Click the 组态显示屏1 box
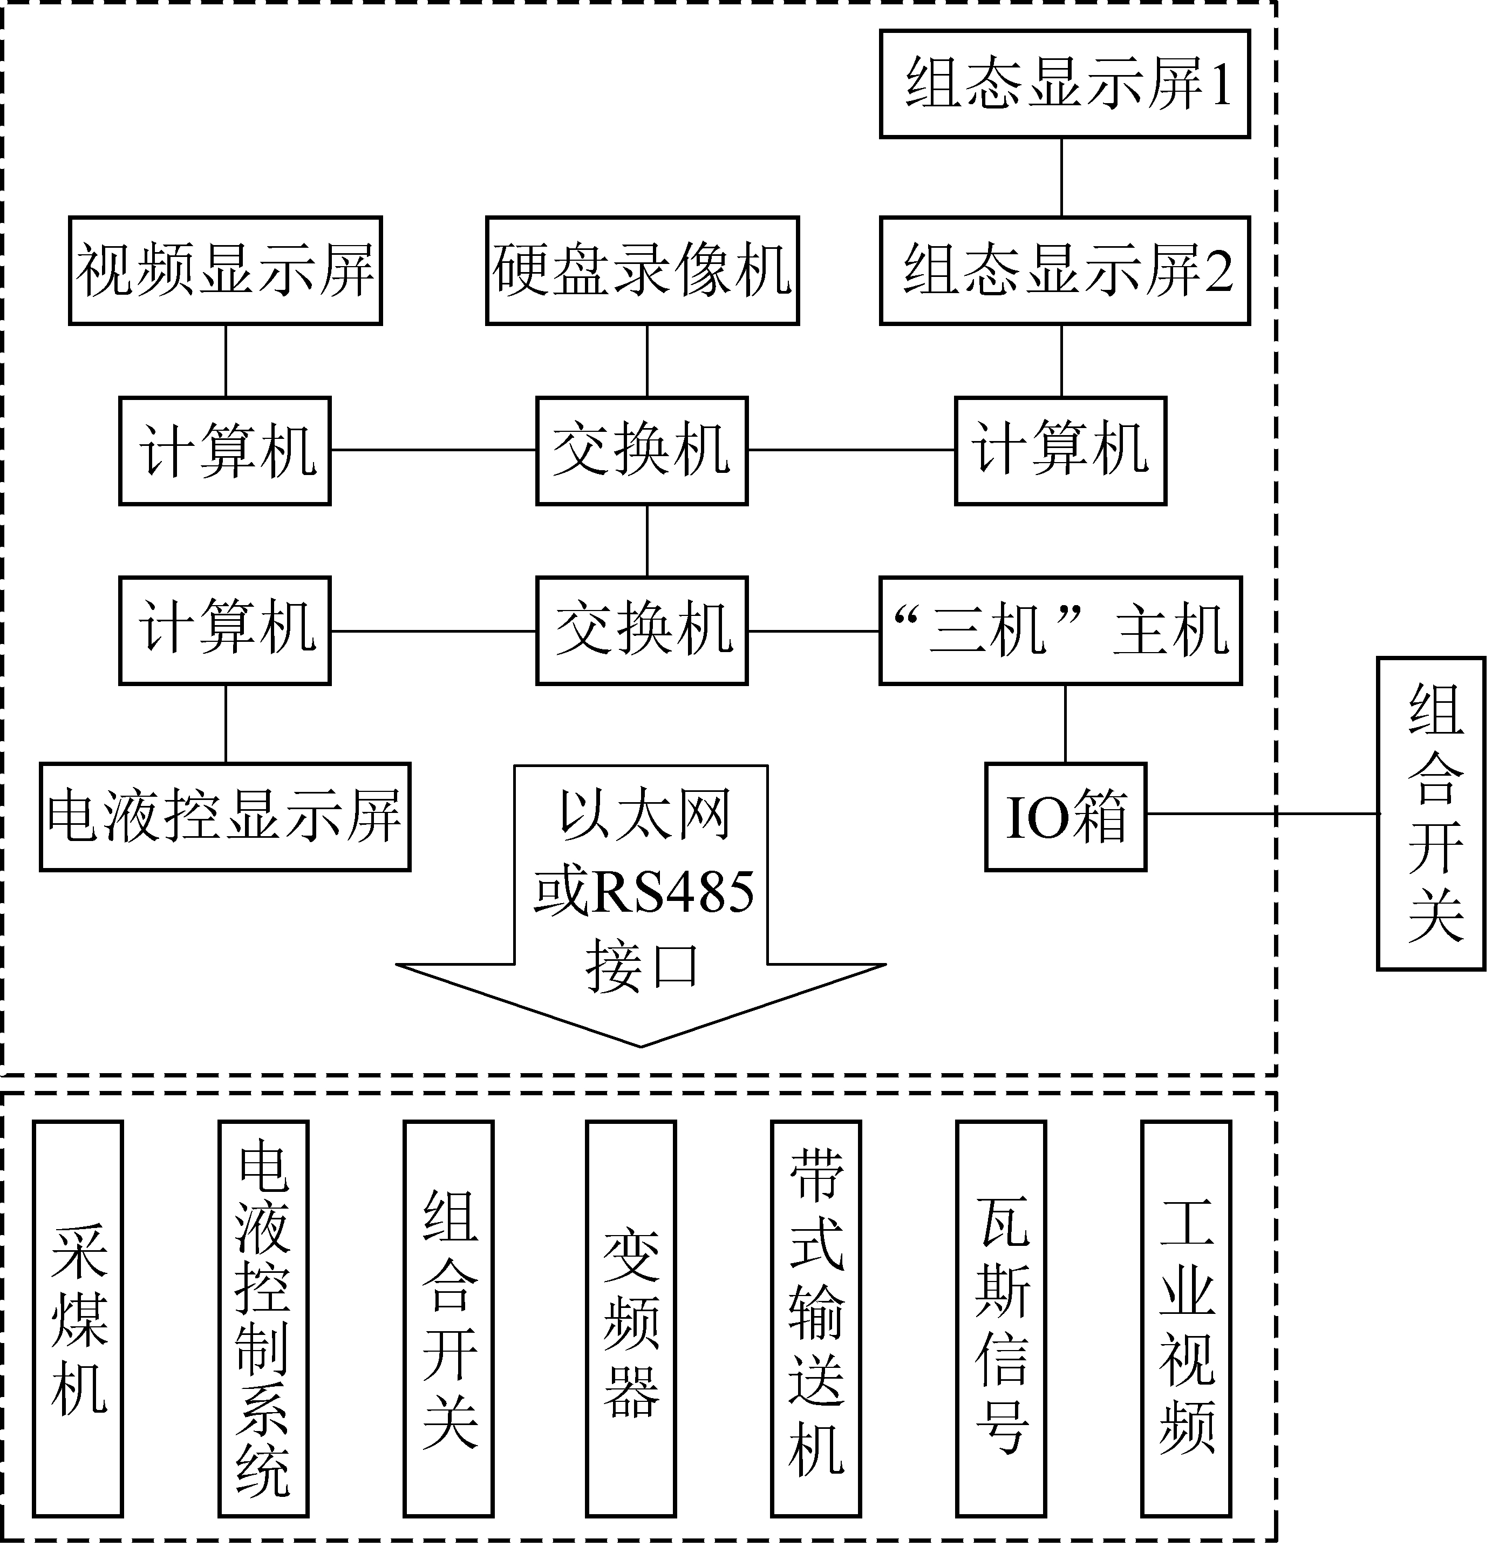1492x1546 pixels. pos(1065,84)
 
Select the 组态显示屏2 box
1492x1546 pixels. pos(1065,270)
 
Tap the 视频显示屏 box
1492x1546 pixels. pos(226,270)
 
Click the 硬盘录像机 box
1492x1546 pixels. pos(643,270)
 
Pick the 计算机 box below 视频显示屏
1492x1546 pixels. pos(226,450)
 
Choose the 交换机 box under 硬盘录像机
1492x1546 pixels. pos(643,450)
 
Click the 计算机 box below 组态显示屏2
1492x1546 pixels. pos(1061,450)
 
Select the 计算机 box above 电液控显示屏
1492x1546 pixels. pos(226,630)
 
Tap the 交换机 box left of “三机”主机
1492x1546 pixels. pos(643,630)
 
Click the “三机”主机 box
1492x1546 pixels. pos(1061,630)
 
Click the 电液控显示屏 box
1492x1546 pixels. pos(226,816)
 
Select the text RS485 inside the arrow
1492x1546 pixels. pos(675,892)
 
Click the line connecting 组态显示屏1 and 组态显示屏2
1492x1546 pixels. pos(1061,178)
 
